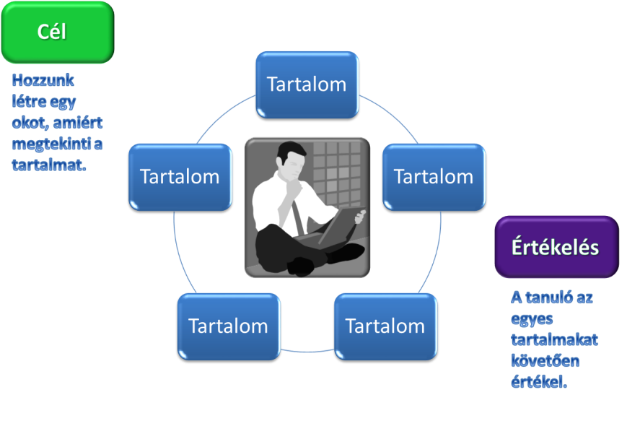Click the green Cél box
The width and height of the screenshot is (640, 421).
point(58,32)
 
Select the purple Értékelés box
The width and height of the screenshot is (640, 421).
point(557,247)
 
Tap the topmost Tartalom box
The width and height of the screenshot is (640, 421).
point(307,85)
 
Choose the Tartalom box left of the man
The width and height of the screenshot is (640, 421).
point(180,177)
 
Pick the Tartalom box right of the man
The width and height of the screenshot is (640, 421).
point(434,177)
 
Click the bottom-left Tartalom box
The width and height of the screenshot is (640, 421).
point(229,326)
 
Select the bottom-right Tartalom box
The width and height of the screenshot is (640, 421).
point(385,326)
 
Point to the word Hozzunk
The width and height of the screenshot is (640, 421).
point(43,80)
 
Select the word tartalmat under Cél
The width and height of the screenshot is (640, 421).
point(49,165)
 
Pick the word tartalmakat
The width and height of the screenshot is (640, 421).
point(554,339)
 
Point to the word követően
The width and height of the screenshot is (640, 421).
point(545,361)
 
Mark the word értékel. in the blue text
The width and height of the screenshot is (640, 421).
point(539,382)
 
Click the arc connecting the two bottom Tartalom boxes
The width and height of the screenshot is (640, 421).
point(307,351)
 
